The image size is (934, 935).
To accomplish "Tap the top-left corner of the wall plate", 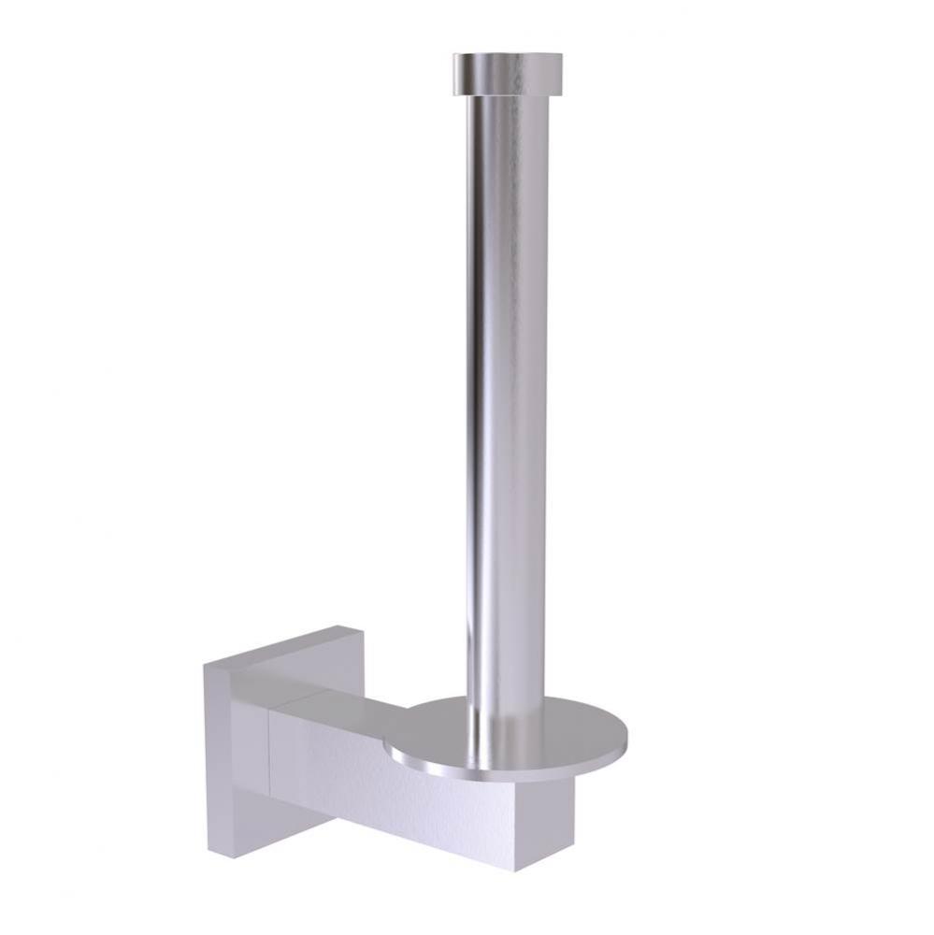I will coord(205,666).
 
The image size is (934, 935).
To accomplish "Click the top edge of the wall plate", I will coord(271,645).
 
